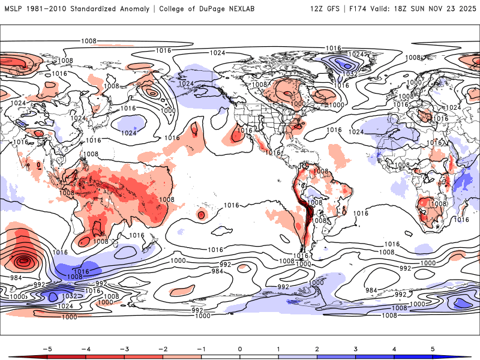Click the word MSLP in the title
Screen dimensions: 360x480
[x=14, y=9]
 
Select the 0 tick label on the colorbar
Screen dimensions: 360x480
[x=240, y=348]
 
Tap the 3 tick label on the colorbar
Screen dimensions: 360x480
[x=356, y=348]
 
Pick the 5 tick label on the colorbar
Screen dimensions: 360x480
[x=433, y=348]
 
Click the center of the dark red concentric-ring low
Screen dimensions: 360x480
[x=23, y=261]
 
